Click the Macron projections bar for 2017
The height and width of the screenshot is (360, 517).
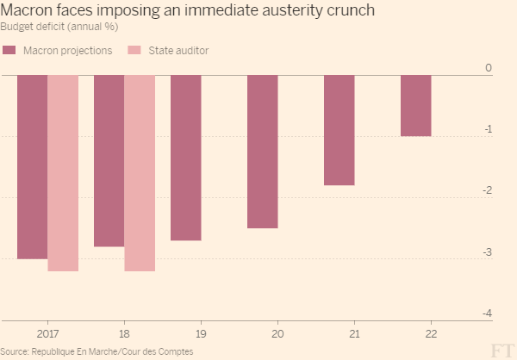pos(33,167)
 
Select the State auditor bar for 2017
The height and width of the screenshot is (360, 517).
pos(63,173)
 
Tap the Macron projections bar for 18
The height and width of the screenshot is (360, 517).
pos(109,161)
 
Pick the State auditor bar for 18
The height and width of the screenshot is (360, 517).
pos(140,173)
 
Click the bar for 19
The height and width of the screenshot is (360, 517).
pos(186,158)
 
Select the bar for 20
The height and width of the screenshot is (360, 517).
pos(263,152)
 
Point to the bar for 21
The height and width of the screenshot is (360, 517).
pos(339,130)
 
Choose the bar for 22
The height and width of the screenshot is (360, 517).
pos(416,106)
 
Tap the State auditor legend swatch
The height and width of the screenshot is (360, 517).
pos(134,50)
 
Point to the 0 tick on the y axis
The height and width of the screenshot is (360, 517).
pos(488,67)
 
